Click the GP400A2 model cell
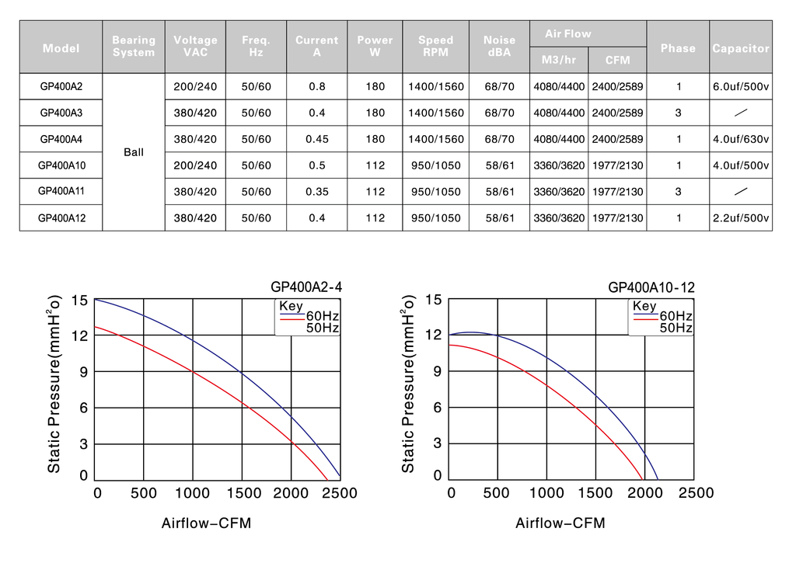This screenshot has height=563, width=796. tap(61, 87)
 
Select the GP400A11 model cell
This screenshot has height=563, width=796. tap(61, 191)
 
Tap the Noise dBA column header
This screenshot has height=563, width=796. tap(499, 46)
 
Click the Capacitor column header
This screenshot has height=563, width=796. tap(741, 48)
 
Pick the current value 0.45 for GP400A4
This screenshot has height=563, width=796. tap(317, 139)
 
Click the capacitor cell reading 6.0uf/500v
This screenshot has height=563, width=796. tap(741, 87)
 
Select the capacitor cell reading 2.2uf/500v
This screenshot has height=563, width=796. tap(741, 218)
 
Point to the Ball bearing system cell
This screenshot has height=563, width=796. tap(134, 152)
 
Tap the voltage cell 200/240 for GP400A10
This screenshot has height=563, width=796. tap(195, 165)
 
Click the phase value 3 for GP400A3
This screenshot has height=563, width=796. tap(678, 113)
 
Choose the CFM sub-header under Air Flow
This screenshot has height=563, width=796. tap(617, 61)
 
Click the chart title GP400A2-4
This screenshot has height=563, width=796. tap(306, 287)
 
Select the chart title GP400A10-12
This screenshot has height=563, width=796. tap(651, 287)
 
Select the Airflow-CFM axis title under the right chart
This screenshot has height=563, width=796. tap(560, 523)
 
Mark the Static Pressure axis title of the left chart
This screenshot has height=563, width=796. tap(54, 384)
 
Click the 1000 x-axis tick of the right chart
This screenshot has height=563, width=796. tap(546, 493)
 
